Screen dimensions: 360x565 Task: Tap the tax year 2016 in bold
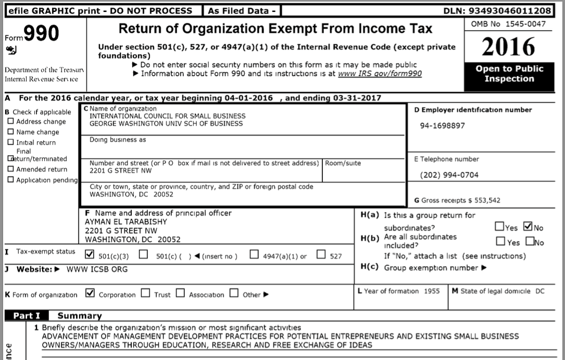[508, 47]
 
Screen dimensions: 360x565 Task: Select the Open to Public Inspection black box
[509, 74]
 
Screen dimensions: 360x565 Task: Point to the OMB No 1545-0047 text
[508, 24]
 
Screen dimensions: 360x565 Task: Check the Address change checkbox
[10, 121]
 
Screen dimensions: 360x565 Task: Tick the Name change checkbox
[10, 132]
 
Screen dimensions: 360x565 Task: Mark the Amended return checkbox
[10, 169]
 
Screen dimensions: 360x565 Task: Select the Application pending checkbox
[10, 180]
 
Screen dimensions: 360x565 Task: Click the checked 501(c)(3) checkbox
[89, 255]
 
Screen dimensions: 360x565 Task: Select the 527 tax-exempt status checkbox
[321, 255]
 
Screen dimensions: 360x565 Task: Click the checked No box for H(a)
[527, 227]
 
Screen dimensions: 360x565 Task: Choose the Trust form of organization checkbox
[146, 293]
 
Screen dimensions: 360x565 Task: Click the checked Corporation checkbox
[90, 293]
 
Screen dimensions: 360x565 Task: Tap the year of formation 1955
[432, 291]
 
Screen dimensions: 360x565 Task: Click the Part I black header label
[27, 316]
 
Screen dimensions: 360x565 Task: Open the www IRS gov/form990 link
[380, 73]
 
